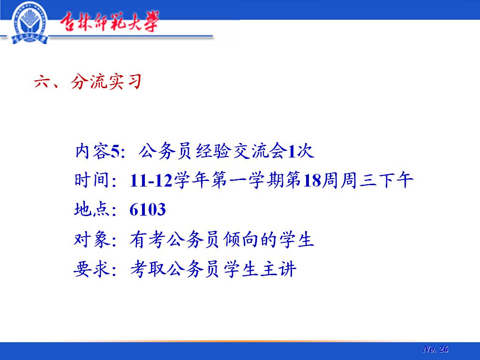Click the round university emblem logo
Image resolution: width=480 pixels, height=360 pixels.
(30, 23)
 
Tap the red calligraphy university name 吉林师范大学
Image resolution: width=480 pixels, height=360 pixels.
(109, 22)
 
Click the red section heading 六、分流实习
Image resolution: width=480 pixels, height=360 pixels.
(88, 82)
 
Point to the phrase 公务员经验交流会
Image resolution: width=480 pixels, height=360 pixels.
(213, 151)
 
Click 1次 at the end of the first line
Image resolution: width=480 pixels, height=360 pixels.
(301, 151)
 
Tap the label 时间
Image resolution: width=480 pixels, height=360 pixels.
(91, 180)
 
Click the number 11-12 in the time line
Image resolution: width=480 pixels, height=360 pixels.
(151, 180)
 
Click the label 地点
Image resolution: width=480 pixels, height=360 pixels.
(91, 210)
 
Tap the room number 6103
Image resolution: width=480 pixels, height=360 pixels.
(148, 210)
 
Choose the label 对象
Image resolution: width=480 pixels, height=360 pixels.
(91, 239)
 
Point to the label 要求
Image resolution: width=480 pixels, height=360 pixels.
(91, 269)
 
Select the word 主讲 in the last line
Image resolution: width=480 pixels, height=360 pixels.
(278, 269)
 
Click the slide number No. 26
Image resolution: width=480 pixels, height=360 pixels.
(435, 349)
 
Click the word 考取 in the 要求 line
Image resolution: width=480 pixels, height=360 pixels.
(148, 269)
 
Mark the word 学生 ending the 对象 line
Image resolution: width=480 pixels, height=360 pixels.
(296, 239)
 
